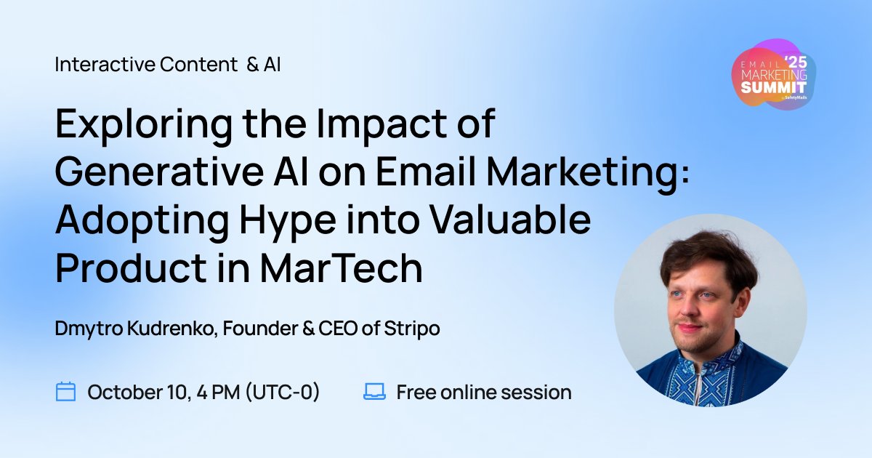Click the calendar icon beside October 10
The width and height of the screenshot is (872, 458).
coord(66,393)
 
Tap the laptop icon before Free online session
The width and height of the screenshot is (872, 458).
coord(374,393)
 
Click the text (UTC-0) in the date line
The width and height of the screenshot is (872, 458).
coord(283,393)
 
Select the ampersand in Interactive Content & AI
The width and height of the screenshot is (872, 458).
coord(252,65)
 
